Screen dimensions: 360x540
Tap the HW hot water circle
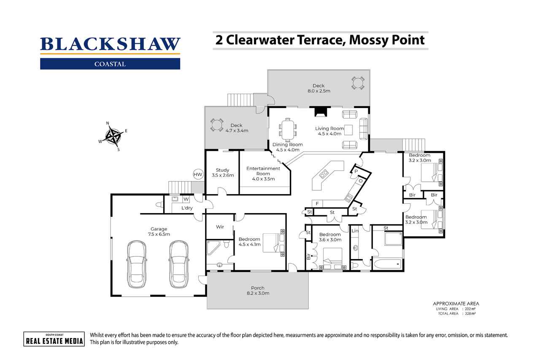tap(197, 174)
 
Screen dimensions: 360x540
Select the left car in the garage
tap(136, 264)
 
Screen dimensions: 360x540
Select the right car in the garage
tap(178, 264)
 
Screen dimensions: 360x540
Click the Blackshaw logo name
tap(110, 44)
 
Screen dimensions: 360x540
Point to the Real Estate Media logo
tap(54, 339)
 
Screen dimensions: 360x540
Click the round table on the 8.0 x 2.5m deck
tap(357, 83)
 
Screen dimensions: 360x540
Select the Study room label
tap(222, 173)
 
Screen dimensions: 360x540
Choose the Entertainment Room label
tap(263, 173)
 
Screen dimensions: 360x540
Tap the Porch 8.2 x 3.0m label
tap(257, 291)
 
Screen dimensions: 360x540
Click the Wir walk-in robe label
tap(220, 227)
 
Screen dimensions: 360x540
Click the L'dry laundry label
tap(187, 208)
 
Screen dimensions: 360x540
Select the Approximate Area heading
tap(456, 303)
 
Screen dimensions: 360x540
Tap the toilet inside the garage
tap(159, 205)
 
